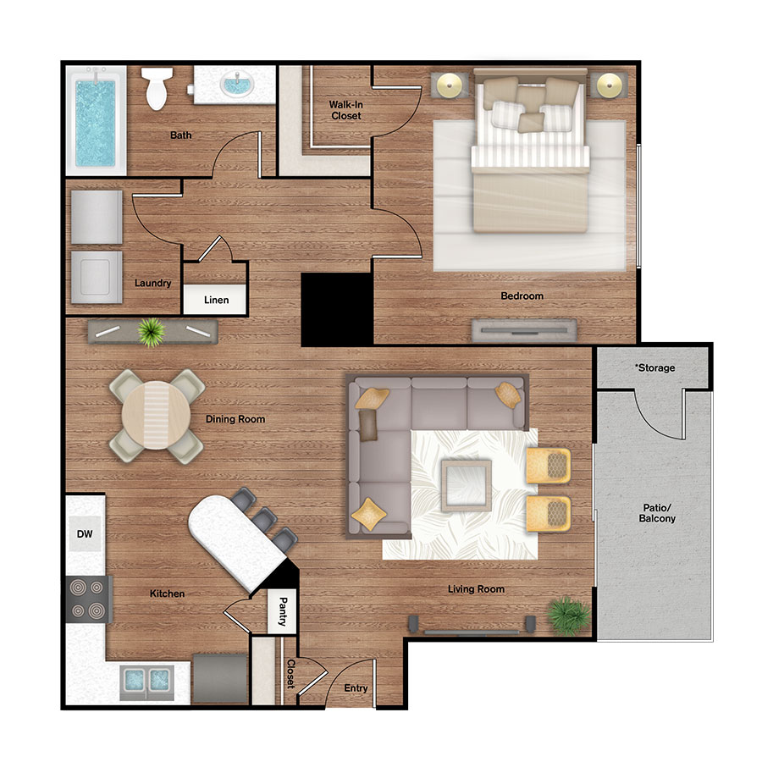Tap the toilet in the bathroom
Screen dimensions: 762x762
(155, 89)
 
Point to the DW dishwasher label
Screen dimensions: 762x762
(84, 534)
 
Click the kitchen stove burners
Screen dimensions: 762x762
(87, 599)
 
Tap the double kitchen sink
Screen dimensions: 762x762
(147, 680)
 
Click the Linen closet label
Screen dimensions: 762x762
(216, 301)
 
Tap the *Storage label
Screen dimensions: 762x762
(654, 368)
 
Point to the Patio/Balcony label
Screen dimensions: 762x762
(657, 513)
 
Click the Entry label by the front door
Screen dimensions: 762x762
(356, 688)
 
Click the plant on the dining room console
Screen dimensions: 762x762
(152, 331)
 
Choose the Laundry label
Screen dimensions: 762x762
(153, 284)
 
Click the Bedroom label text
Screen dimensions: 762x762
(522, 296)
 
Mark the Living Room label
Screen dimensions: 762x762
(476, 589)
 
